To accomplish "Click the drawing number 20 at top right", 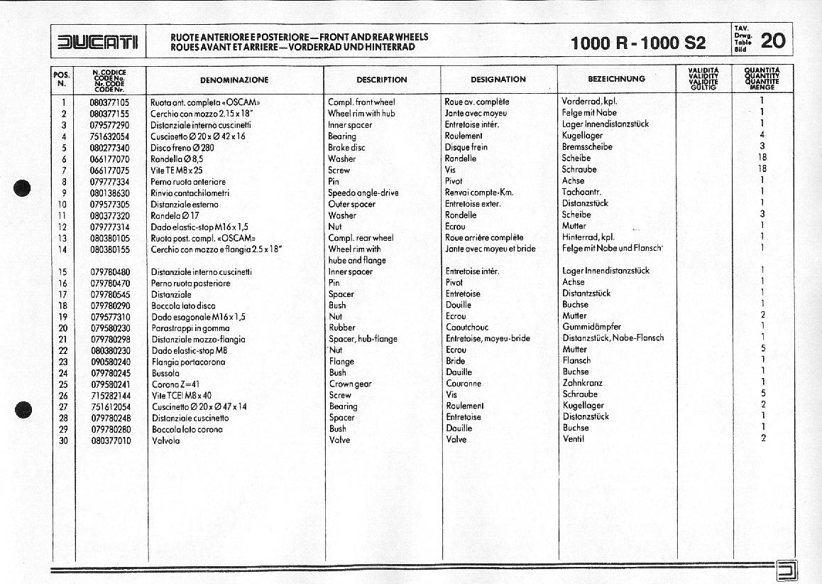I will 772,41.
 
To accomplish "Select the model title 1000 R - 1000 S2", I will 638,43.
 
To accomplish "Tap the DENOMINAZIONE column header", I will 234,80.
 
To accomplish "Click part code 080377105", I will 110,102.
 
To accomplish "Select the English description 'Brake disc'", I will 346,148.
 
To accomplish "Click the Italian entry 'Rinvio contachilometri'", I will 190,193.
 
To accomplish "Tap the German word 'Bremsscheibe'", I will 587,147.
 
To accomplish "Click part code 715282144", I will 110,396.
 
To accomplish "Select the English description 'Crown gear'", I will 350,384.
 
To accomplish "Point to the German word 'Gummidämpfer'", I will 591,327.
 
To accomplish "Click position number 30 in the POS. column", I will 62,440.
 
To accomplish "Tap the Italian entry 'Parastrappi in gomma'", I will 190,328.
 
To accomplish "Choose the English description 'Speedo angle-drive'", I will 363,193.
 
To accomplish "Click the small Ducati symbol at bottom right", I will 787,569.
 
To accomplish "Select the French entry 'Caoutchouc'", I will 467,328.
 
